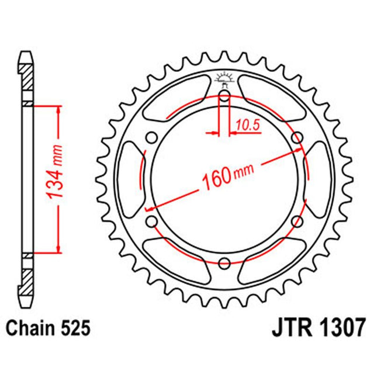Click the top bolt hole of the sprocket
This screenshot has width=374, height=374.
point(224,96)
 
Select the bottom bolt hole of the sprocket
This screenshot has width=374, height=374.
point(224,262)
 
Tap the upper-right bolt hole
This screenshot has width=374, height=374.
point(297,138)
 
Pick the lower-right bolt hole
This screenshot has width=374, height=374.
point(297,221)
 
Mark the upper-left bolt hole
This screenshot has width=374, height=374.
point(152,138)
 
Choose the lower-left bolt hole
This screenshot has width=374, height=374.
point(152,221)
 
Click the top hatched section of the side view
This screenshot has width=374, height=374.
point(27,75)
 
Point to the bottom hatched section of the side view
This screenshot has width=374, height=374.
point(27,283)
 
